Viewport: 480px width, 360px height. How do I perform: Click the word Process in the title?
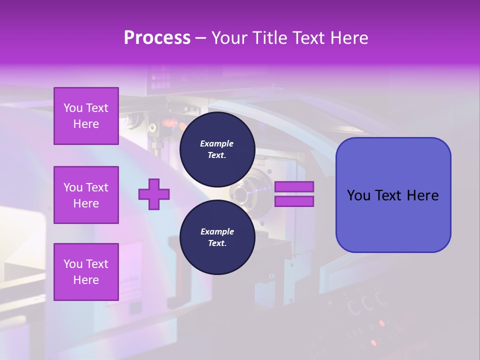pos(157,38)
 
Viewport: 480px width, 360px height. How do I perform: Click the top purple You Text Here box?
pos(86,116)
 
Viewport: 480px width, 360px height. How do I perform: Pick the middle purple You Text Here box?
pos(86,195)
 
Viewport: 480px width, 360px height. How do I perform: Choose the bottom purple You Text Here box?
pos(86,272)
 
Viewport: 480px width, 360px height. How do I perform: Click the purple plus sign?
pos(154,194)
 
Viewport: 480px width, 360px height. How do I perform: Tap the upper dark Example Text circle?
pos(217,149)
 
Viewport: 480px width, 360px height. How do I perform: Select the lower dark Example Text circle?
pos(217,237)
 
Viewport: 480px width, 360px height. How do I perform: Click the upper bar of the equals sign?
pos(294,187)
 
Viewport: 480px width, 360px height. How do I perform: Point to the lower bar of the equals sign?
pos(294,201)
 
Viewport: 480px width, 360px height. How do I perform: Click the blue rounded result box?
pos(393,194)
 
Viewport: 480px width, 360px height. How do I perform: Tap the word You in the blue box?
pos(358,195)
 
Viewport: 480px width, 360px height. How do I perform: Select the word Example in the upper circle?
pos(217,143)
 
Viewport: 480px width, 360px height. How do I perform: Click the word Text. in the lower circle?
pos(217,243)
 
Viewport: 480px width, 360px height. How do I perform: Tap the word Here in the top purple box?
pos(86,124)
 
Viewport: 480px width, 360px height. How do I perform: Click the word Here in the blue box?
pos(422,195)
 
